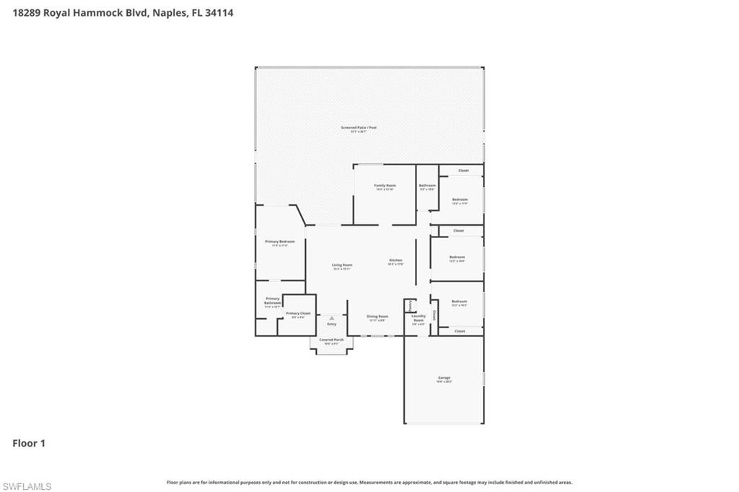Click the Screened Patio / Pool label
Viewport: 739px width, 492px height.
(359, 128)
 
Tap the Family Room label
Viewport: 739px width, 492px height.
(385, 185)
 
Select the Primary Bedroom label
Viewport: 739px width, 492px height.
(280, 241)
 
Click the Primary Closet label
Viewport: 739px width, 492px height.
(298, 313)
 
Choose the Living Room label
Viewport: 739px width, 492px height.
(342, 265)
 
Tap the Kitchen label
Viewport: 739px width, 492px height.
(395, 260)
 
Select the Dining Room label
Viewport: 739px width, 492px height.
(377, 316)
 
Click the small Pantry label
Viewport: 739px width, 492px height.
(409, 306)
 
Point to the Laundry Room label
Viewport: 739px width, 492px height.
(419, 318)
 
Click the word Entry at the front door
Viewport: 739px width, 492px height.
(331, 324)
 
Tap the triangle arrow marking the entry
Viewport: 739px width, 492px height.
(331, 317)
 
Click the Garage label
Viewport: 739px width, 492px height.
(444, 377)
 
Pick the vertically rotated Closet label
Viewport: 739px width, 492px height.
(434, 315)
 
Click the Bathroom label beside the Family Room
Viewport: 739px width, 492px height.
(427, 185)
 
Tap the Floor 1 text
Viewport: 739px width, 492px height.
(29, 444)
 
